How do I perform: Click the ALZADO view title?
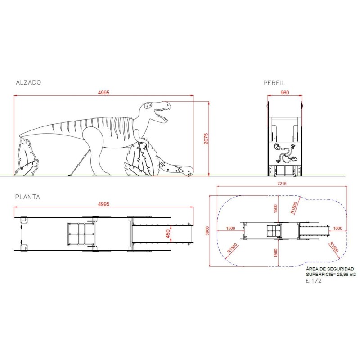pyautogui.click(x=28, y=82)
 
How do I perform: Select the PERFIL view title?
pyautogui.click(x=274, y=82)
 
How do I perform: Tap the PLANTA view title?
pyautogui.click(x=28, y=197)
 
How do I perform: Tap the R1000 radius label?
pyautogui.click(x=333, y=247)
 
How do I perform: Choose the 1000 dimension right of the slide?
pyautogui.click(x=338, y=228)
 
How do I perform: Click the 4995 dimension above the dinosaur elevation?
pyautogui.click(x=103, y=92)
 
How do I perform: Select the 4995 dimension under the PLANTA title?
pyautogui.click(x=103, y=204)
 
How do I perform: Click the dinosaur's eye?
pyautogui.click(x=148, y=106)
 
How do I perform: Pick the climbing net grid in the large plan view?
pyautogui.click(x=81, y=234)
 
